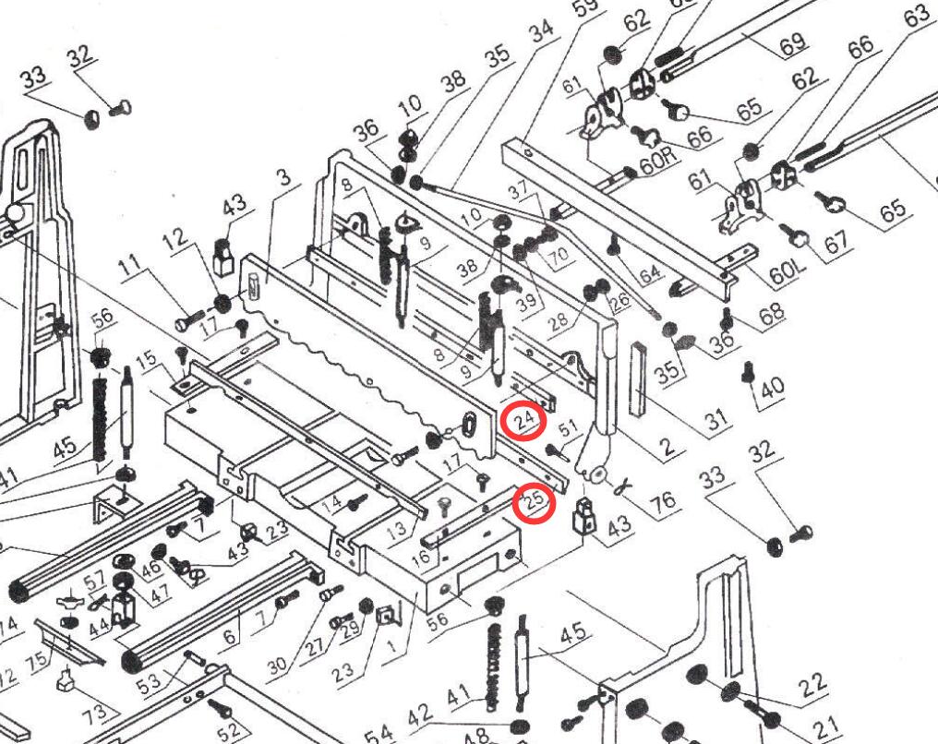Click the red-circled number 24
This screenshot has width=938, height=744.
pyautogui.click(x=524, y=421)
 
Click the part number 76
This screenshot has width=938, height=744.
pyautogui.click(x=662, y=500)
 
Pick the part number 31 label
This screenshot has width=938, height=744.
pyautogui.click(x=716, y=422)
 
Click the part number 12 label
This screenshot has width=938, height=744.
pyautogui.click(x=174, y=246)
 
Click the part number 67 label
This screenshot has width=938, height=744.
pyautogui.click(x=835, y=242)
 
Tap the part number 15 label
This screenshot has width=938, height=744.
pyautogui.click(x=145, y=359)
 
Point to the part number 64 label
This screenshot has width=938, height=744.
pyautogui.click(x=650, y=273)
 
